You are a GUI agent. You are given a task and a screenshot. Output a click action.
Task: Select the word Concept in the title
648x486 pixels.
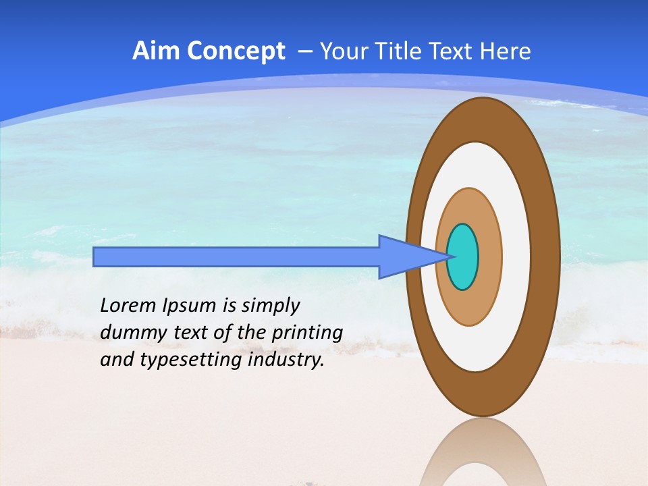[236, 52]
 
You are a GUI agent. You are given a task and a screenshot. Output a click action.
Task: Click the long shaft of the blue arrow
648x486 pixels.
[236, 256]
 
